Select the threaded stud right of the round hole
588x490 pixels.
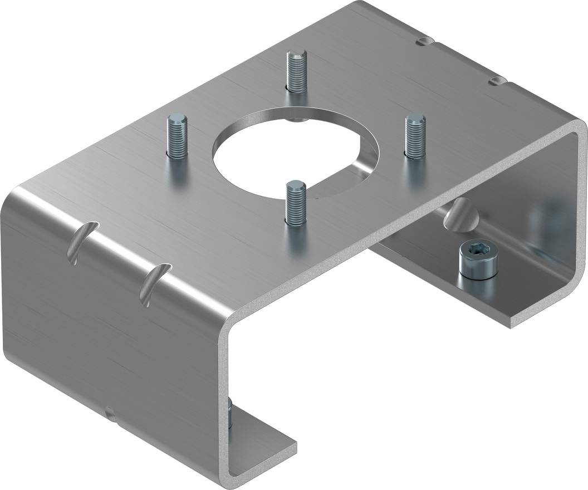coord(414,135)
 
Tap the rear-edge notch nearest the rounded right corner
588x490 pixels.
coord(497,81)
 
